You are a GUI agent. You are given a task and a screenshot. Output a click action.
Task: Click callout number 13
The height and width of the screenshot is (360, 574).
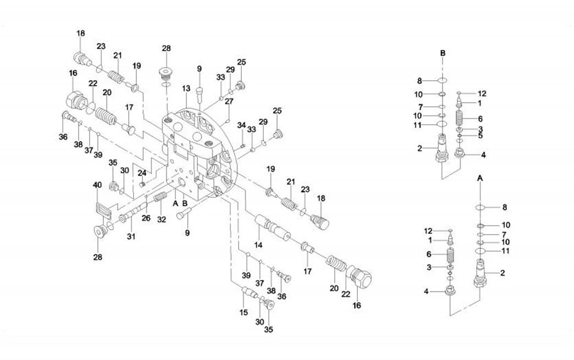coord(186,88)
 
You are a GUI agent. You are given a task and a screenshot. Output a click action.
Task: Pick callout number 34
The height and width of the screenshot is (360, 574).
coord(241,125)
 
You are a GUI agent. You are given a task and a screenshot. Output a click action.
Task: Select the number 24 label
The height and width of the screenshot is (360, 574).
coord(142,173)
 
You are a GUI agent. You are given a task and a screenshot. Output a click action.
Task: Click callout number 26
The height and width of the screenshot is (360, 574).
coord(146,218)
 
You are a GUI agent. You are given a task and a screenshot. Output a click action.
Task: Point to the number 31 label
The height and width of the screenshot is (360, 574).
coord(131,236)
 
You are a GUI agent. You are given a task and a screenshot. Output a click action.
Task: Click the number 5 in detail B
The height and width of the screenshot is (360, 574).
coord(480,136)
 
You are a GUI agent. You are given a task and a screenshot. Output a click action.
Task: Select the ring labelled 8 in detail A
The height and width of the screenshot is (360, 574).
coord(479,207)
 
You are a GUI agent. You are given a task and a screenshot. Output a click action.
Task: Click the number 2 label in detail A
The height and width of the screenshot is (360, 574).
coord(501,273)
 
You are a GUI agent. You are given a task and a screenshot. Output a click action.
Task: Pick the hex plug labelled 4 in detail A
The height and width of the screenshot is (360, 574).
coord(450,292)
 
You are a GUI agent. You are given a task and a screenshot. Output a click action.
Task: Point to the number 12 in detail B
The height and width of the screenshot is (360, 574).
coord(482,93)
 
